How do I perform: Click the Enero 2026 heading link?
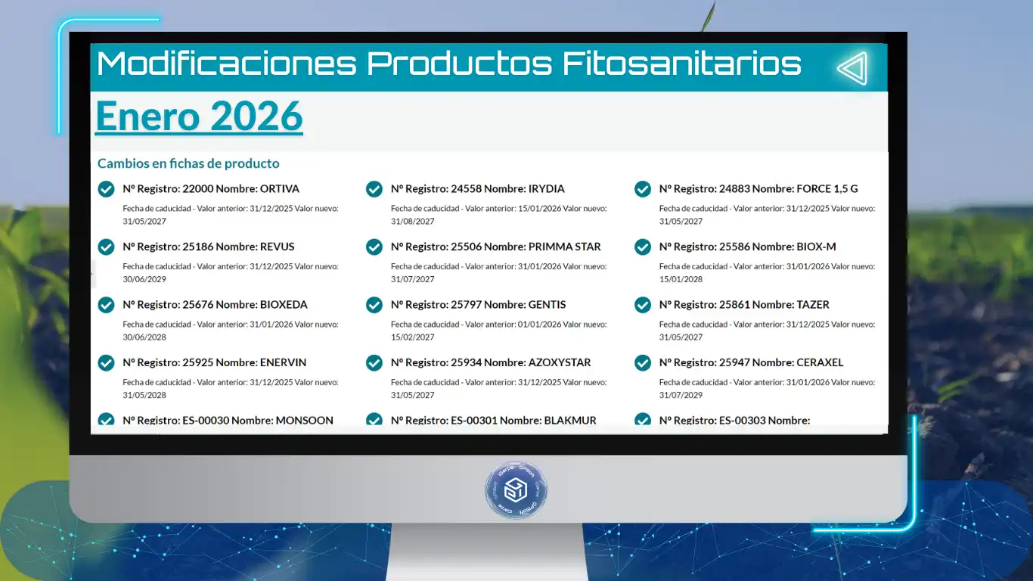[x=199, y=116]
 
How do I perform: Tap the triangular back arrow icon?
[x=853, y=68]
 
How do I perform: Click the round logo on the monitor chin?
[x=516, y=489]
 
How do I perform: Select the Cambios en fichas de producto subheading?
[x=188, y=163]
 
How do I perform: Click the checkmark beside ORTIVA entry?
[x=106, y=189]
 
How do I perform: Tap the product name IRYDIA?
[x=546, y=188]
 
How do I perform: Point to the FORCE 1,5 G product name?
[x=827, y=188]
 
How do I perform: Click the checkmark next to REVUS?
[x=106, y=247]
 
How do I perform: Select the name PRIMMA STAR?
[x=564, y=247]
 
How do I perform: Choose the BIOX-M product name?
[x=816, y=247]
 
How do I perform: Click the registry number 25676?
[x=197, y=305]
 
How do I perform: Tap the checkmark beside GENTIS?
[x=374, y=305]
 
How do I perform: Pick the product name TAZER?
[x=813, y=305]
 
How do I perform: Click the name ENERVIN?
[x=283, y=362]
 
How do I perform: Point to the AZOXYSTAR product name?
[x=560, y=362]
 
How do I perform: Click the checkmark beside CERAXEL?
[x=642, y=362]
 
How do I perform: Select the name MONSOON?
[x=304, y=421]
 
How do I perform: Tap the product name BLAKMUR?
[x=570, y=421]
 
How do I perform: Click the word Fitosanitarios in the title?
[x=681, y=64]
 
